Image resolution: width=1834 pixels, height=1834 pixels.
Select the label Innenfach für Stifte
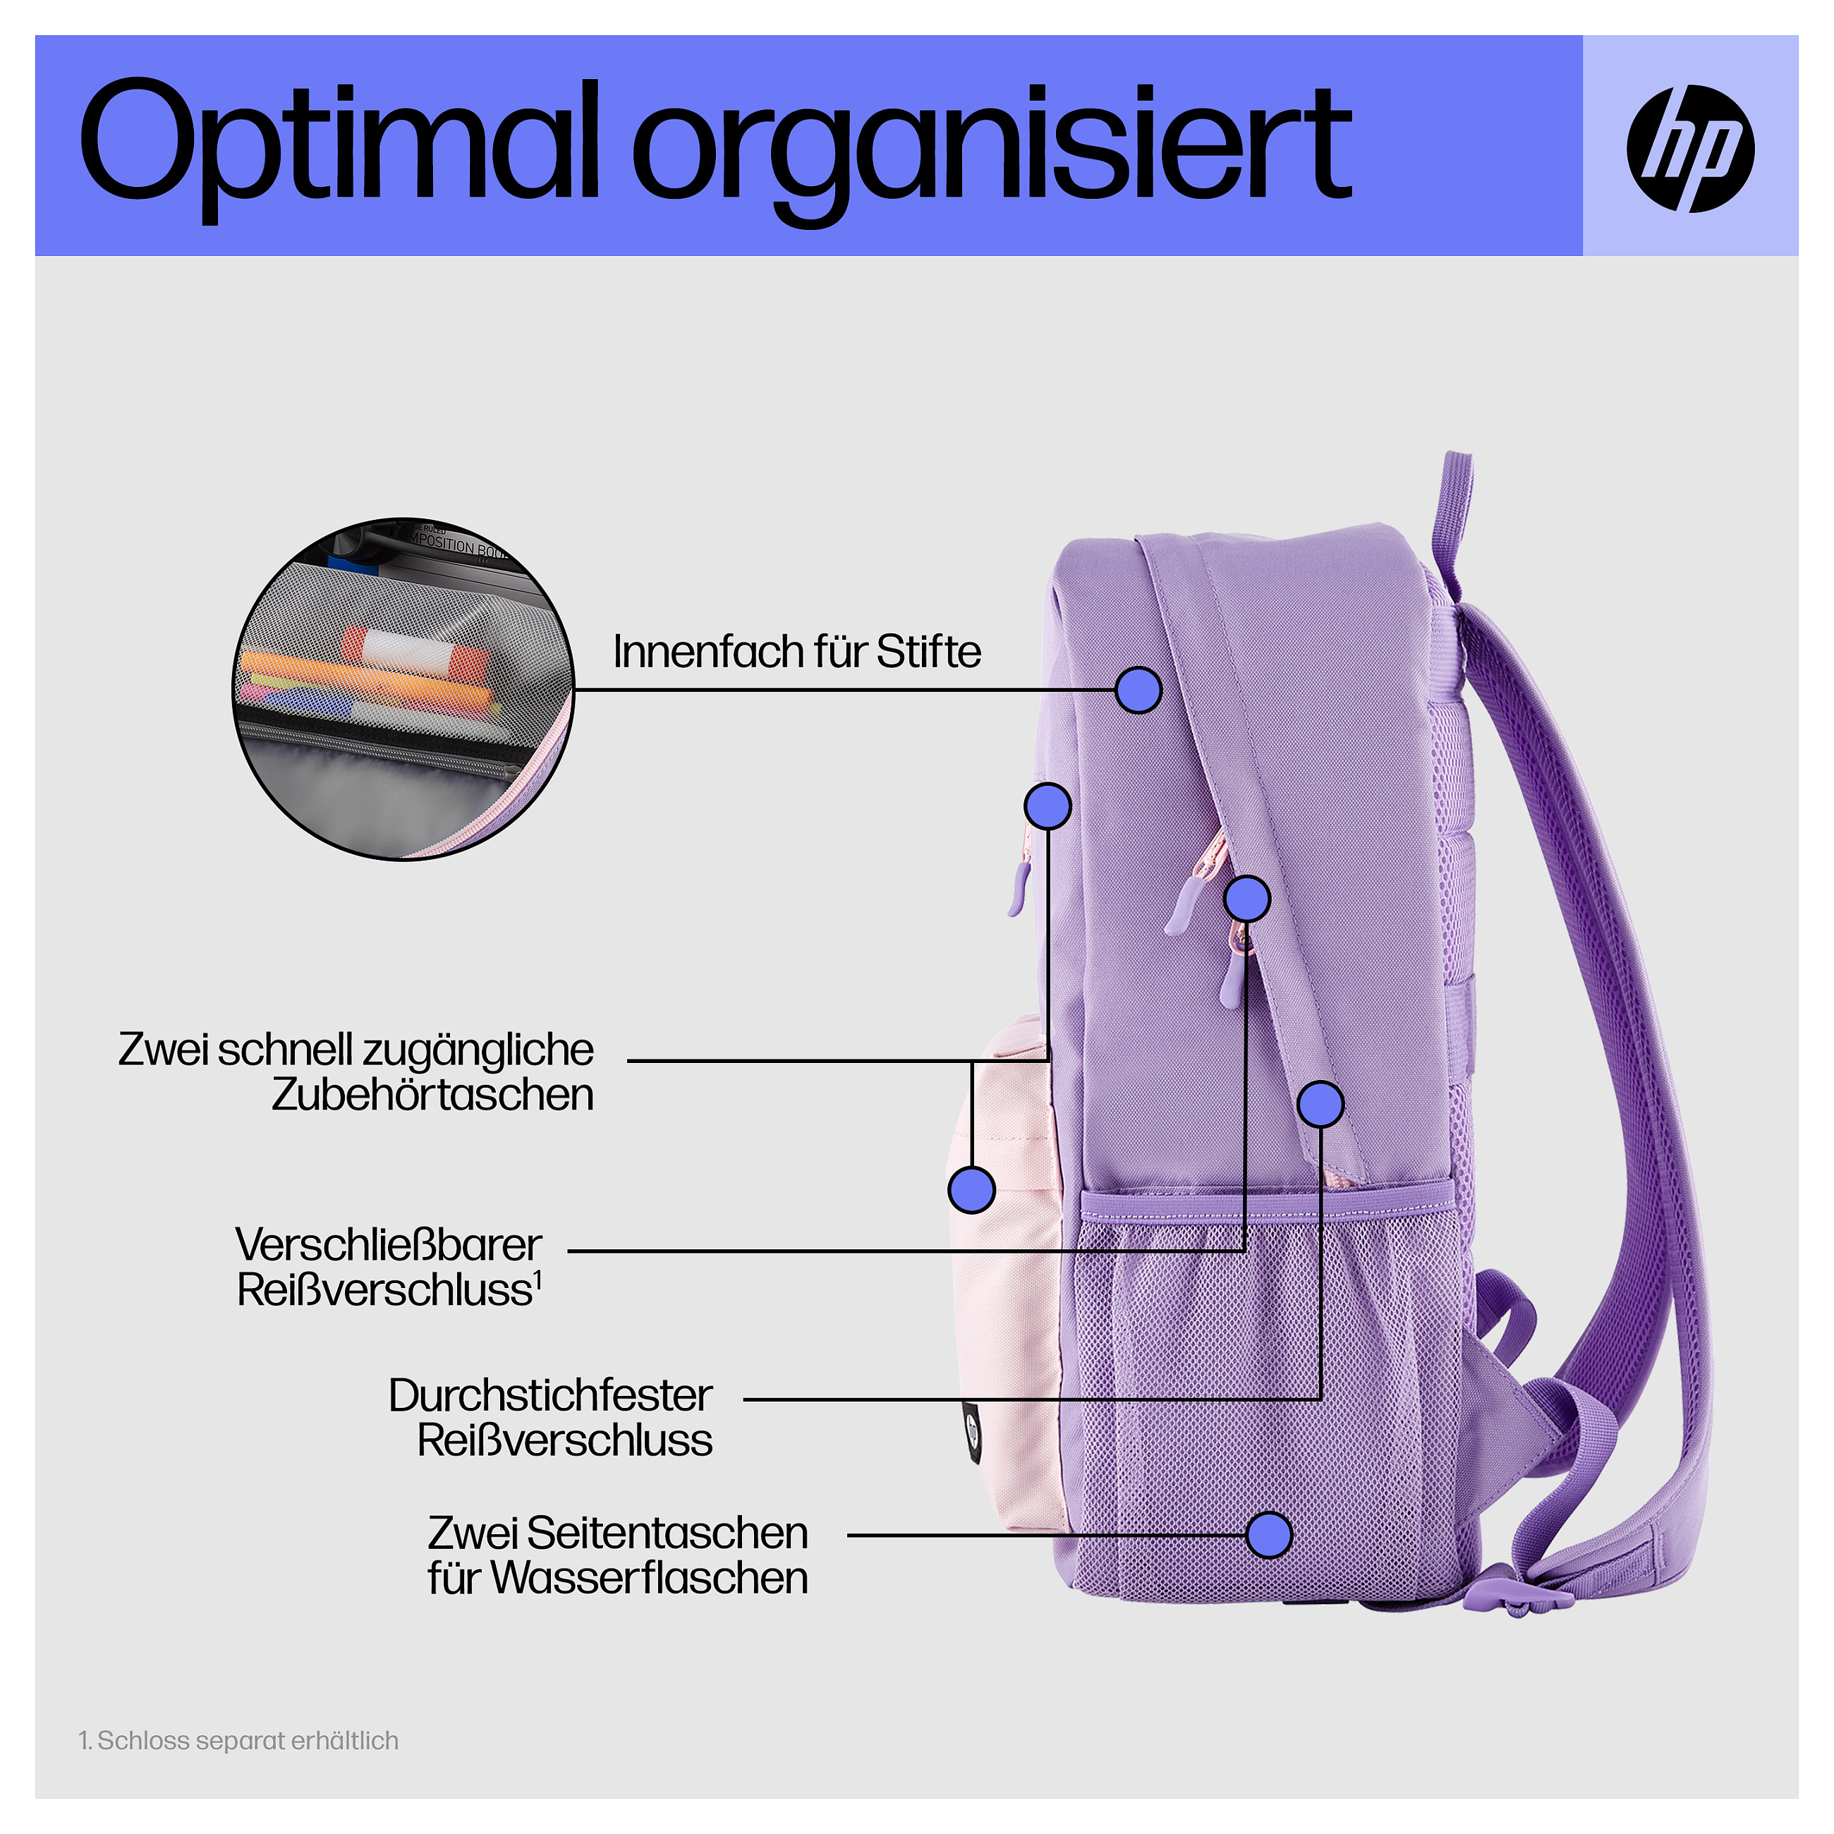[x=796, y=652]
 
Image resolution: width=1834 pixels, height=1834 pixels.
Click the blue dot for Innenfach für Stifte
[x=1138, y=690]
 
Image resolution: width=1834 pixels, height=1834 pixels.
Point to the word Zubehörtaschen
[x=433, y=1095]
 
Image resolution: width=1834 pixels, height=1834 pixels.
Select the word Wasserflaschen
[x=649, y=1578]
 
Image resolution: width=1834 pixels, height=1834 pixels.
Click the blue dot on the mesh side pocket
[x=1269, y=1535]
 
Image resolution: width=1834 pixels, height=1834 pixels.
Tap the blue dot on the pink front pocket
[x=971, y=1189]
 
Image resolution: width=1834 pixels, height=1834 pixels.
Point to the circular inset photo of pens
[x=403, y=690]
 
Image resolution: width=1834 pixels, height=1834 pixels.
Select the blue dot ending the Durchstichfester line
[x=1320, y=1104]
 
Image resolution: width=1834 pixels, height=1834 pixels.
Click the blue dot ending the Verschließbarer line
[x=1246, y=898]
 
